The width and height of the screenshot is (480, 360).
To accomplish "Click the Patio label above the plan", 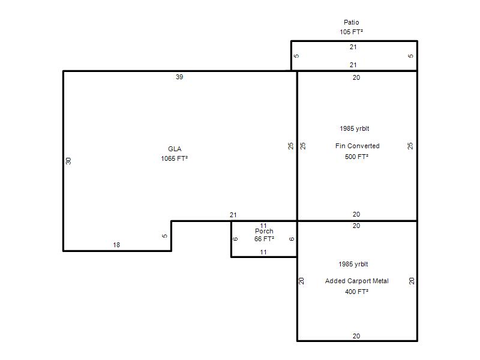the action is (351, 22).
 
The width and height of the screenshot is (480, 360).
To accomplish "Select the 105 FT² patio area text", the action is (351, 32).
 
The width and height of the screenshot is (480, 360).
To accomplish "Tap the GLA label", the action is (175, 149).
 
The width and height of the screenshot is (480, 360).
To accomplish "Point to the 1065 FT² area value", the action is (174, 158).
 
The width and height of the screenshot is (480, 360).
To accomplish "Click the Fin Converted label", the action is (357, 146).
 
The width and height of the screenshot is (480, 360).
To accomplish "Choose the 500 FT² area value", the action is (356, 157).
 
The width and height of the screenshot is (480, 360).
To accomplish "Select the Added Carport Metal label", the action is (356, 281).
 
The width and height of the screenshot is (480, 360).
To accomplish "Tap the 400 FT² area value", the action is (356, 292).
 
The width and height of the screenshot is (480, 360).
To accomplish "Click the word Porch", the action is (264, 232).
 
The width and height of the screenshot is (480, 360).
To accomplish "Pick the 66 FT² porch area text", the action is (264, 239).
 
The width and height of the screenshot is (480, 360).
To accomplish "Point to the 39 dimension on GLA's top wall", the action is (179, 77).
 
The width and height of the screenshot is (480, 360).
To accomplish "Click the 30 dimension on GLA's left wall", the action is (68, 161).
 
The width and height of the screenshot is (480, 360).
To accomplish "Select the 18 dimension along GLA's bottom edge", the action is (116, 245).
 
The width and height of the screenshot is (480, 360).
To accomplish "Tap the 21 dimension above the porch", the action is (233, 215).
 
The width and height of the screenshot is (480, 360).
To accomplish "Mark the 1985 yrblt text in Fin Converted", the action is (355, 128).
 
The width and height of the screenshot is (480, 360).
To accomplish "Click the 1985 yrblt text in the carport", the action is (353, 264).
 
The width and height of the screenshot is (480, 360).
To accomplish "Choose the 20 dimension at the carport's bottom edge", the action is (356, 336).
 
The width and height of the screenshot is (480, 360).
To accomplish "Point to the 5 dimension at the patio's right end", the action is (411, 56).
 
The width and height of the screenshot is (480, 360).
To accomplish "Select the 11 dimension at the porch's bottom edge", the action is (263, 253).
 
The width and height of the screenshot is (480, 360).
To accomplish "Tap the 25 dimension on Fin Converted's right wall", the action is (410, 146).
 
